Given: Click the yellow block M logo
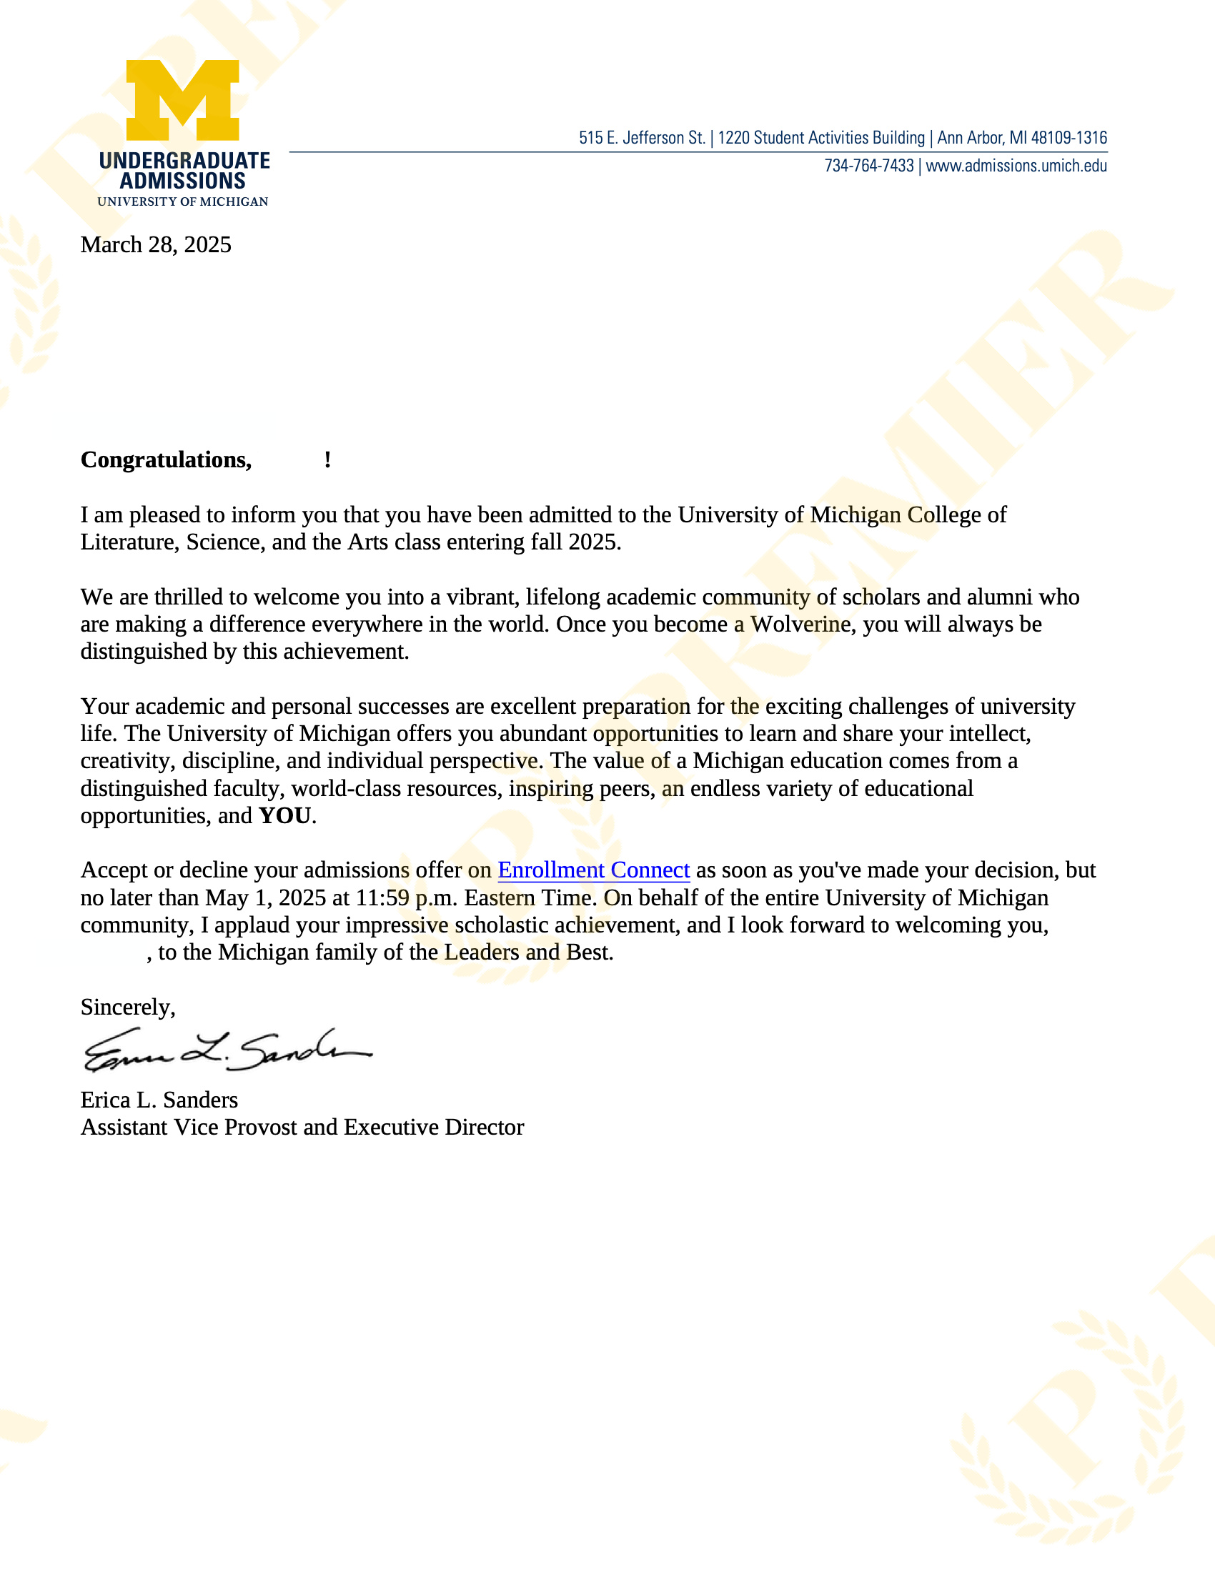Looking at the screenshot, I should (x=183, y=100).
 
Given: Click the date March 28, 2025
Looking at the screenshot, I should (x=156, y=244).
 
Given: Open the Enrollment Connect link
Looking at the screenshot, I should (x=593, y=870).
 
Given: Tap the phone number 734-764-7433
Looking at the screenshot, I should (x=869, y=166).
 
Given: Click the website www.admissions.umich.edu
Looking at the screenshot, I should (x=1016, y=166).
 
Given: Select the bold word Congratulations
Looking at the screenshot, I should (x=166, y=460).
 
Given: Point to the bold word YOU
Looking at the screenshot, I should (x=285, y=815).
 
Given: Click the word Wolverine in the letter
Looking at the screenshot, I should (x=800, y=624).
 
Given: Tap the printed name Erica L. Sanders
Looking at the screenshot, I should (x=159, y=1100).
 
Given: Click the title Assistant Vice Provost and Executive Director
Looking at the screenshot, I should (x=302, y=1127).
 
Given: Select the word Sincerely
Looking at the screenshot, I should (x=127, y=1007).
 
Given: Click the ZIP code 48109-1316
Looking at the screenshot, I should (x=1069, y=138).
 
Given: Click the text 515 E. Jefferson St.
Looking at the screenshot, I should (x=641, y=138).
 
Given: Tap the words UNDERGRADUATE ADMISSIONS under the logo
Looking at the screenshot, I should (x=184, y=171).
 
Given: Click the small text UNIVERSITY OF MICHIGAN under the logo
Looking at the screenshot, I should (x=183, y=202).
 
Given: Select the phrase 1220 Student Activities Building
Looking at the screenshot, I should (x=820, y=138).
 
